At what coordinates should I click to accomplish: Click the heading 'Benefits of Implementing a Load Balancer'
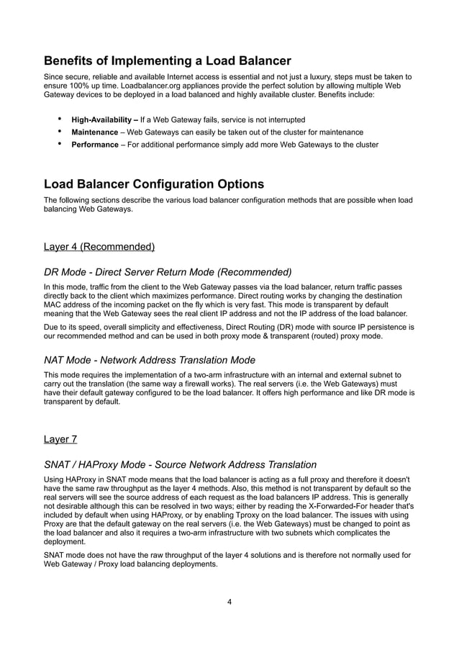tap(167, 60)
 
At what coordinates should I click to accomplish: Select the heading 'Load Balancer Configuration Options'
tap(154, 184)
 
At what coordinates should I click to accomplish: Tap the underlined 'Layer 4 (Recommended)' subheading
tap(99, 247)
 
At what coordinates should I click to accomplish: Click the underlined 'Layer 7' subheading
tap(60, 439)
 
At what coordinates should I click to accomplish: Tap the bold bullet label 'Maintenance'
tap(94, 132)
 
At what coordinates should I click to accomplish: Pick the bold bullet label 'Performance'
tap(94, 145)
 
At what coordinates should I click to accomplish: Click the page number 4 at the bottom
tap(229, 602)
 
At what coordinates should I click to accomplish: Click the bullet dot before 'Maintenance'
tap(59, 132)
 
